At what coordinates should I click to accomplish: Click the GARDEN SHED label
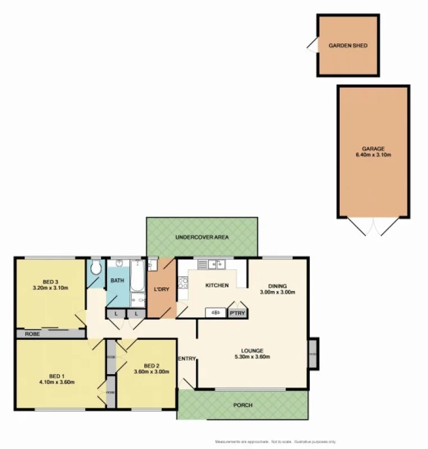(348, 45)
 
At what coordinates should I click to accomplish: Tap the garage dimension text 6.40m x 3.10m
(373, 155)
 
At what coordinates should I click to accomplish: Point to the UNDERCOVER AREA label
(201, 237)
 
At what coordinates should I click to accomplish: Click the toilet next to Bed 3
(96, 268)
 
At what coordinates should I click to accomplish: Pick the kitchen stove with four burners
(182, 283)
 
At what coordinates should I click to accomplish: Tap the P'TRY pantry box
(237, 313)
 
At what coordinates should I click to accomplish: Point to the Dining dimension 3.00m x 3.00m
(277, 292)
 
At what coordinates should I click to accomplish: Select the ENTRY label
(186, 359)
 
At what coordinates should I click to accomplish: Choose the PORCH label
(243, 405)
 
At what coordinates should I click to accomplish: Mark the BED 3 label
(50, 282)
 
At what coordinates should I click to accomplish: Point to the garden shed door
(312, 45)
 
